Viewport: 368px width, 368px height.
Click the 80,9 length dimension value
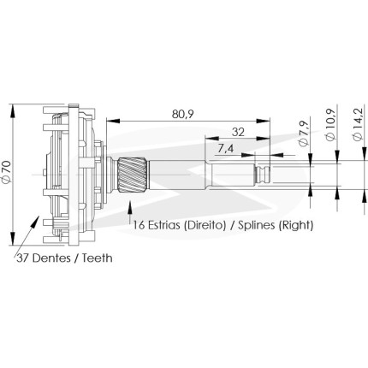coord(182,115)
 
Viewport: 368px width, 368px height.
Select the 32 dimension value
coord(238,132)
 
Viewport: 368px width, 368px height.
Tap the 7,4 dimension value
coord(225,149)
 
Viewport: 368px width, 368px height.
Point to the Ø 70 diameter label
coord(7,171)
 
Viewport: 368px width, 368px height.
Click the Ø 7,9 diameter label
coord(304,133)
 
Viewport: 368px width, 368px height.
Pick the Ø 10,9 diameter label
coord(330,125)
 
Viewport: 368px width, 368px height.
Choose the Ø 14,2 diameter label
coord(358,124)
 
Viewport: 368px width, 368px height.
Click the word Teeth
coord(98,258)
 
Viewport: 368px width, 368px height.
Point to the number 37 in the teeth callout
coord(23,258)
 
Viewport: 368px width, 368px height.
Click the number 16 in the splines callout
coord(139,225)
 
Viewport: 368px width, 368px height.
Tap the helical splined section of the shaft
coord(133,175)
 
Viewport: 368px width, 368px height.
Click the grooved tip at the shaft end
coord(262,175)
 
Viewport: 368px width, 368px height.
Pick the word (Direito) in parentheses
coord(205,225)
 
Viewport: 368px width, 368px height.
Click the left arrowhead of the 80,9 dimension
coord(113,121)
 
